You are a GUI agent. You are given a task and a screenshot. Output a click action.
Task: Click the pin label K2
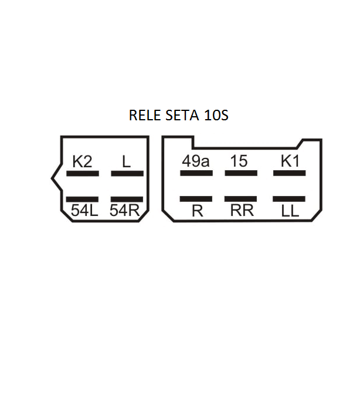click(x=82, y=161)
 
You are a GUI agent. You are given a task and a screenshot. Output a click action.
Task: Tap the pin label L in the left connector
click(x=127, y=161)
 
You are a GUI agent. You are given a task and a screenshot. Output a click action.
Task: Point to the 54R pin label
click(x=124, y=211)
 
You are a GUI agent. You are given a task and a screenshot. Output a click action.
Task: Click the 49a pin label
click(x=196, y=161)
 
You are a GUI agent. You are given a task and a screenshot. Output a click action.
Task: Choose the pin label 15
click(x=239, y=161)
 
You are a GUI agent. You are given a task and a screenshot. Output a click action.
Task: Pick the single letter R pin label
click(x=197, y=211)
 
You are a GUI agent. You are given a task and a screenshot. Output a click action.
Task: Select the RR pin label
click(x=242, y=211)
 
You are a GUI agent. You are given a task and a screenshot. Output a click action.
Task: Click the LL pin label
click(x=290, y=211)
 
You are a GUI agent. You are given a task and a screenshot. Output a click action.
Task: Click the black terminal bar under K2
click(x=83, y=174)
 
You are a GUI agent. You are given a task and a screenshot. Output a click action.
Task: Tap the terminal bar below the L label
click(x=127, y=174)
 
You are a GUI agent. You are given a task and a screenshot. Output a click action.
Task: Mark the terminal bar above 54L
click(x=83, y=200)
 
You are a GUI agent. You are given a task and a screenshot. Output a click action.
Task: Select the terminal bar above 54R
click(x=127, y=200)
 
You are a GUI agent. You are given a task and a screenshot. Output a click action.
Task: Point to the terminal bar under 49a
click(x=196, y=173)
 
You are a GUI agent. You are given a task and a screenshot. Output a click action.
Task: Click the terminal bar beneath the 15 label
click(x=241, y=173)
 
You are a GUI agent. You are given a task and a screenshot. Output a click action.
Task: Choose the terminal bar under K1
click(x=290, y=173)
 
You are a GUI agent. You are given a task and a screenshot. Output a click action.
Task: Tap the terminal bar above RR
click(x=241, y=200)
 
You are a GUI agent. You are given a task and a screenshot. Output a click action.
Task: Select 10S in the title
click(x=216, y=116)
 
